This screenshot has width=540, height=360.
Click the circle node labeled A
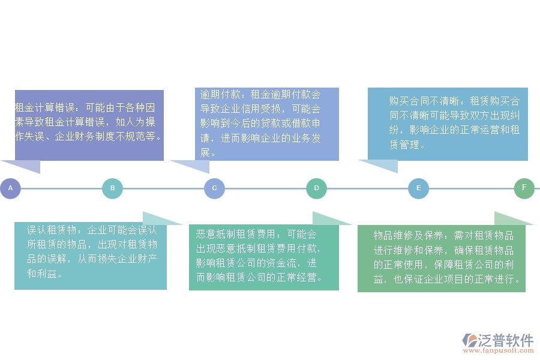(10, 188)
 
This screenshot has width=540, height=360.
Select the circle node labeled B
(112, 188)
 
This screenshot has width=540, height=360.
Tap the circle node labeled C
(214, 188)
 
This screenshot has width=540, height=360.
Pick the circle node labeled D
(316, 188)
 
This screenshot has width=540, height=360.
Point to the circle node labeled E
(418, 188)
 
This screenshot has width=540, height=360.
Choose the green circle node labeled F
(524, 188)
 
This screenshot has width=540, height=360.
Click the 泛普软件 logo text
(505, 340)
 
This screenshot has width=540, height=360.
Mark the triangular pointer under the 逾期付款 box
(196, 166)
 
